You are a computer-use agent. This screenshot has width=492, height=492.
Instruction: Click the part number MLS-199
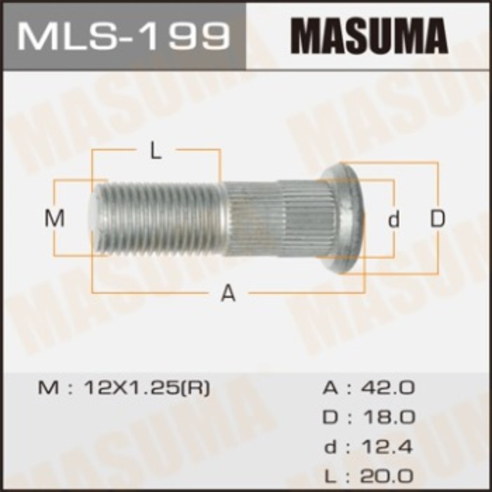click(123, 34)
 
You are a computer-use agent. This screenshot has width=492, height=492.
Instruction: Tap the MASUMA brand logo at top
click(369, 34)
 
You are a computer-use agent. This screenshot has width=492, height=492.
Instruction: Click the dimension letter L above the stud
click(156, 151)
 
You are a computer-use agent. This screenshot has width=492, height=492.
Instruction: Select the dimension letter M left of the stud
click(55, 219)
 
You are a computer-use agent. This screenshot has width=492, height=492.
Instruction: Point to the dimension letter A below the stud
click(228, 294)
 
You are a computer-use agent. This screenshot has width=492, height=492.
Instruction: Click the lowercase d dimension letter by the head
click(394, 219)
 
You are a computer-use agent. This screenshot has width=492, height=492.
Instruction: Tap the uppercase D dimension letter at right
click(438, 219)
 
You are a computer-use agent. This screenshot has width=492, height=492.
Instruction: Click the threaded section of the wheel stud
click(162, 218)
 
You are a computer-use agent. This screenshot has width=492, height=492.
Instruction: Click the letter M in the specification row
click(45, 389)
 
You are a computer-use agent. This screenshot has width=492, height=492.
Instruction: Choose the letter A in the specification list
click(330, 389)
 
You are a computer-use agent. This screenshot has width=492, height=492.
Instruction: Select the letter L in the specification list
click(330, 475)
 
